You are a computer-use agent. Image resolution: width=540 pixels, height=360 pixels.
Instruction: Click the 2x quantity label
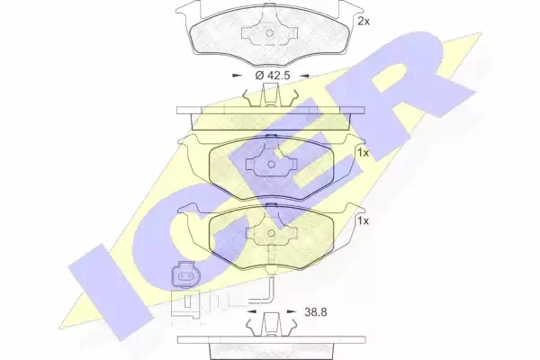[364, 22]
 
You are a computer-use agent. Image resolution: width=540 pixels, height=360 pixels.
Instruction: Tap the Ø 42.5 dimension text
[273, 75]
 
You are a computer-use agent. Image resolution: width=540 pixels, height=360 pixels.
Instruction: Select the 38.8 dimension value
[316, 312]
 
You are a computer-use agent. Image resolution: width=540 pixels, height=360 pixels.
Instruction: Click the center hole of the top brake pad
[270, 33]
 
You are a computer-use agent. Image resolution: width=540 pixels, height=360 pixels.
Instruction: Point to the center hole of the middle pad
[271, 165]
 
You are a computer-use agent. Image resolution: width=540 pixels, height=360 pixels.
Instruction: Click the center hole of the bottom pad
[272, 233]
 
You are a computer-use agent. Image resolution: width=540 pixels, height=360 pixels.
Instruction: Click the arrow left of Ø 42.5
[238, 76]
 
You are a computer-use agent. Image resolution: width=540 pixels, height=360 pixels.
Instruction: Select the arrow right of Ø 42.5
[304, 76]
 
